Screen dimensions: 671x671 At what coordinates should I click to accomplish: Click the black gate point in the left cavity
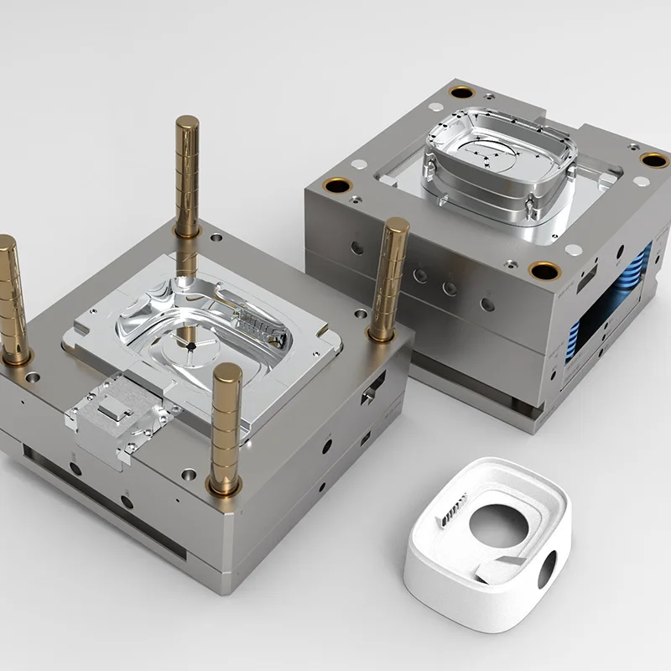click(191, 345)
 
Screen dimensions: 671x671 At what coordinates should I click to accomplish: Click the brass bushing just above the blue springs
click(544, 270)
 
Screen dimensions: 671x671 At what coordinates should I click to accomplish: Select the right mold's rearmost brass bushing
click(460, 91)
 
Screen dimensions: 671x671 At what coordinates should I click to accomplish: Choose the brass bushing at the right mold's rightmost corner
click(653, 159)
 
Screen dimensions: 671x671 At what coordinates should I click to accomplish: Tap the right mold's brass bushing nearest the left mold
click(339, 186)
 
